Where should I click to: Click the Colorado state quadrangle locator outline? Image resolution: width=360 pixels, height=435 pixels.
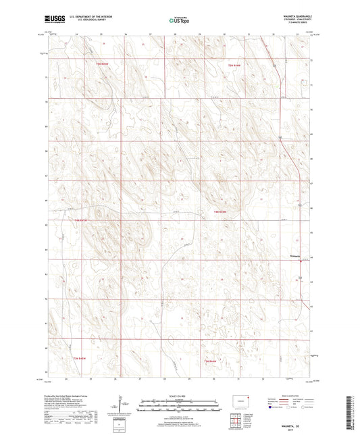click(x=241, y=404)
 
